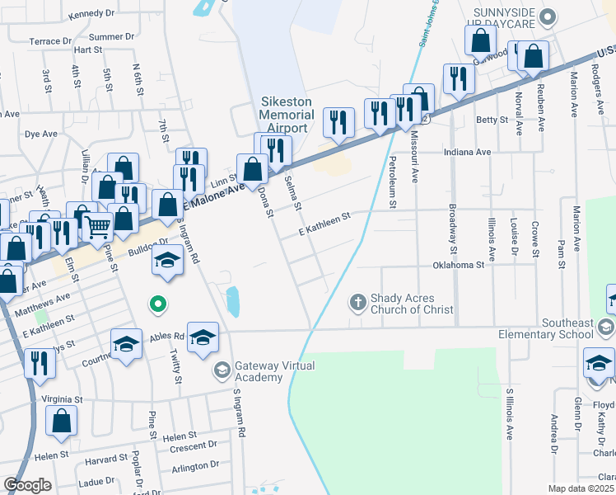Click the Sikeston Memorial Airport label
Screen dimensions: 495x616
coord(287,115)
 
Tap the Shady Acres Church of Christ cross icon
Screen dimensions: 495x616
coord(357,302)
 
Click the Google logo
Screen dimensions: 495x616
coord(27,484)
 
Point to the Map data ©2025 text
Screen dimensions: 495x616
coord(581,488)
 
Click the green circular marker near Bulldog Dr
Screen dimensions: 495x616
coord(159,305)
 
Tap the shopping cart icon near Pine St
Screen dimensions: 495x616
coord(98,225)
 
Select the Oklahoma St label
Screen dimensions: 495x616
coord(458,265)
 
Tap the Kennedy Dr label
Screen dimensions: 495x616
coord(92,14)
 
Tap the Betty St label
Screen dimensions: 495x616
coord(492,120)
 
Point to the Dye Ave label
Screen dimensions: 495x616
coord(41,133)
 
